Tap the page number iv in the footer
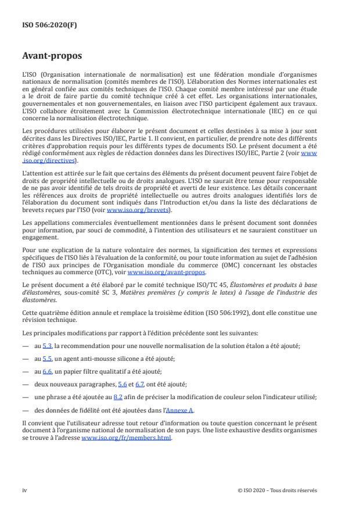(x=24, y=490)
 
